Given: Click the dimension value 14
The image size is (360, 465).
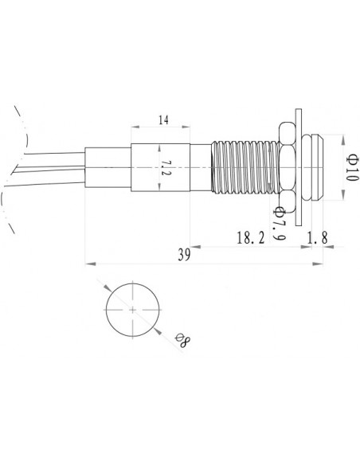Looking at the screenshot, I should pyautogui.click(x=162, y=121).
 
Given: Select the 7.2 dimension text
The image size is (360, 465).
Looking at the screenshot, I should pyautogui.click(x=166, y=169).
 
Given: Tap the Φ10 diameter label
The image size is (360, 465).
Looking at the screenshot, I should pyautogui.click(x=350, y=169).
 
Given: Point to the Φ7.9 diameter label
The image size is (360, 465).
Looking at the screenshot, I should pyautogui.click(x=279, y=225).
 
